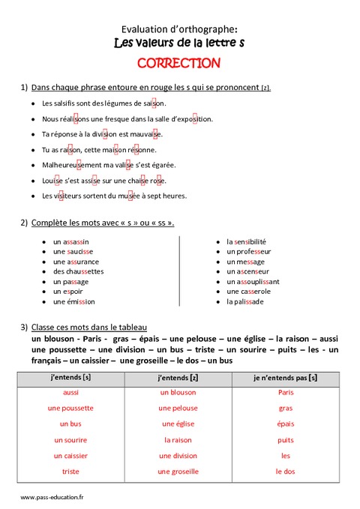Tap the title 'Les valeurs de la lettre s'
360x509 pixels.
pos(179,43)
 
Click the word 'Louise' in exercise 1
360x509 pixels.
pos(53,180)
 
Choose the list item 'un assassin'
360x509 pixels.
pos(71,241)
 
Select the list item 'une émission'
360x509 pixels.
pos(74,301)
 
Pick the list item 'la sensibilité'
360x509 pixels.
pos(246,241)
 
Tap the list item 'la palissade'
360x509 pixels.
pos(244,301)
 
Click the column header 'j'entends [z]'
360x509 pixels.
pos(178,376)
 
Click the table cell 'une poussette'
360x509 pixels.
pos(70,408)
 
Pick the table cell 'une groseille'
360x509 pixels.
pos(178,471)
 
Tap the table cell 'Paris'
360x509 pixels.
pos(285,392)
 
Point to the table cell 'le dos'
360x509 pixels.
pos(285,471)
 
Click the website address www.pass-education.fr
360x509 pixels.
pos(52,496)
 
